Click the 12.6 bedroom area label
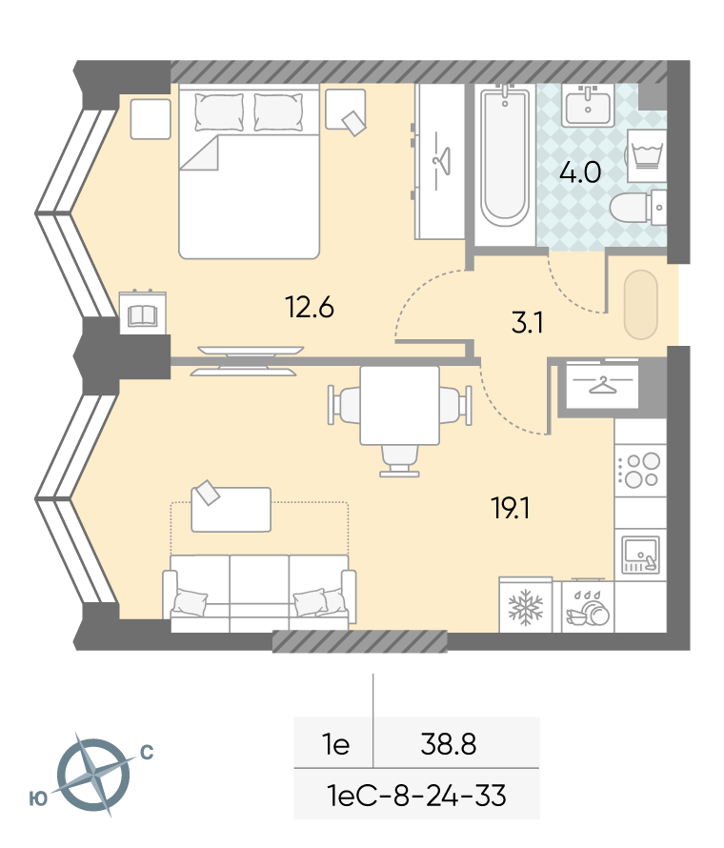pyautogui.click(x=310, y=308)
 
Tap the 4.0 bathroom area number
pyautogui.click(x=580, y=172)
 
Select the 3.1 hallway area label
pyautogui.click(x=527, y=323)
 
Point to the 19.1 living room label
pyautogui.click(x=511, y=509)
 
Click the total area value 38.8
pyautogui.click(x=449, y=744)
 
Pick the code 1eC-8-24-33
pyautogui.click(x=417, y=796)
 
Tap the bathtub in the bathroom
pyautogui.click(x=505, y=157)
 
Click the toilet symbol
pyautogui.click(x=638, y=208)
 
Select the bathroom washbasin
pyautogui.click(x=587, y=106)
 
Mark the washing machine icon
pyautogui.click(x=647, y=155)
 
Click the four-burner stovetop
pyautogui.click(x=639, y=470)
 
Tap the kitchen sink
pyautogui.click(x=641, y=555)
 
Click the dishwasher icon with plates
pyautogui.click(x=588, y=607)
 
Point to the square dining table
pyautogui.click(x=399, y=406)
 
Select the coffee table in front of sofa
pyautogui.click(x=231, y=510)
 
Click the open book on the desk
pyautogui.click(x=142, y=315)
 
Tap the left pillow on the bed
pyautogui.click(x=219, y=111)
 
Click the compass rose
pyautogui.click(x=94, y=775)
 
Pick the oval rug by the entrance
pyautogui.click(x=641, y=305)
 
